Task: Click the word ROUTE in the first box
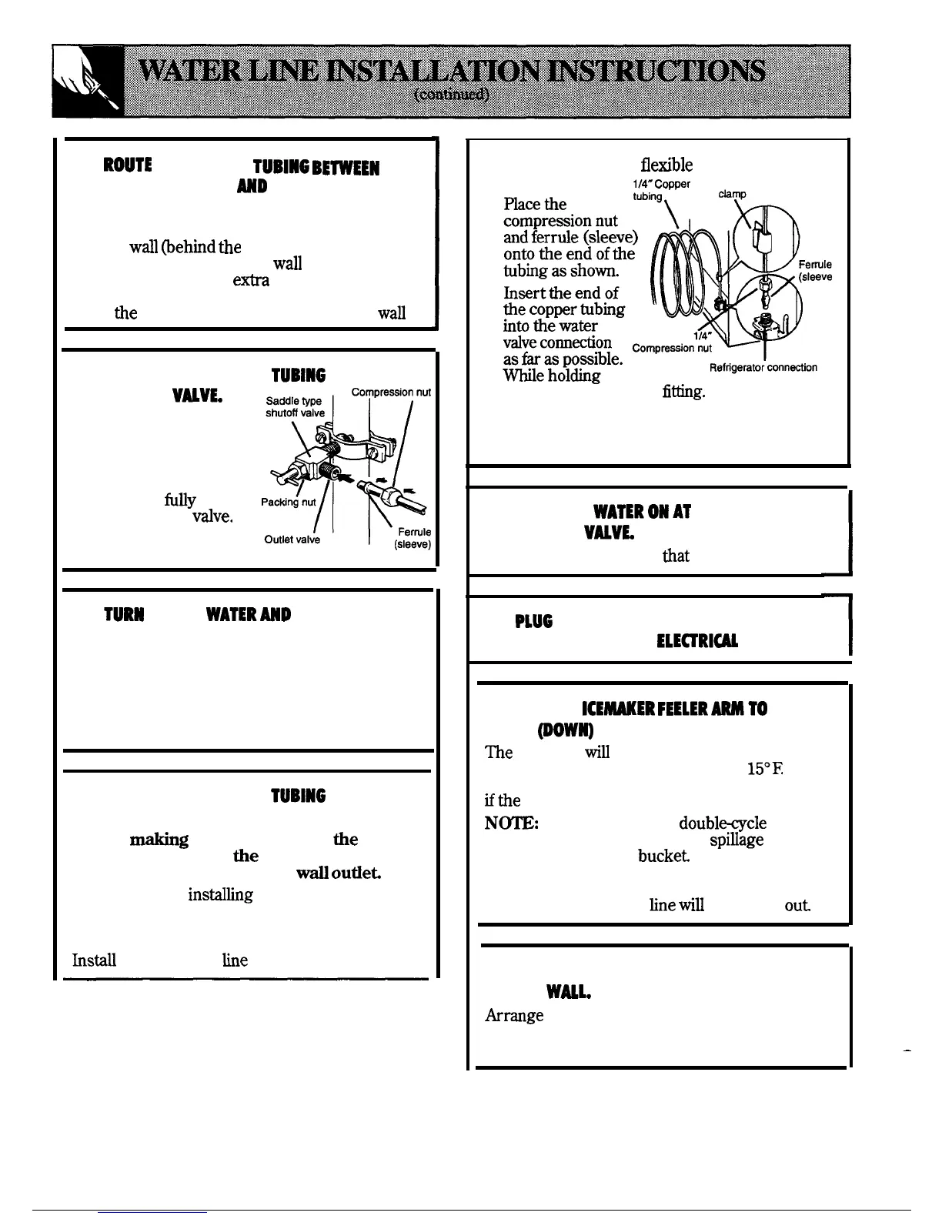(x=129, y=166)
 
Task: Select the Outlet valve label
(x=292, y=539)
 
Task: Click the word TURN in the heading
(x=123, y=616)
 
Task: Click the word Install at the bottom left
(x=94, y=960)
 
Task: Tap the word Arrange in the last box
(x=514, y=1015)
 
